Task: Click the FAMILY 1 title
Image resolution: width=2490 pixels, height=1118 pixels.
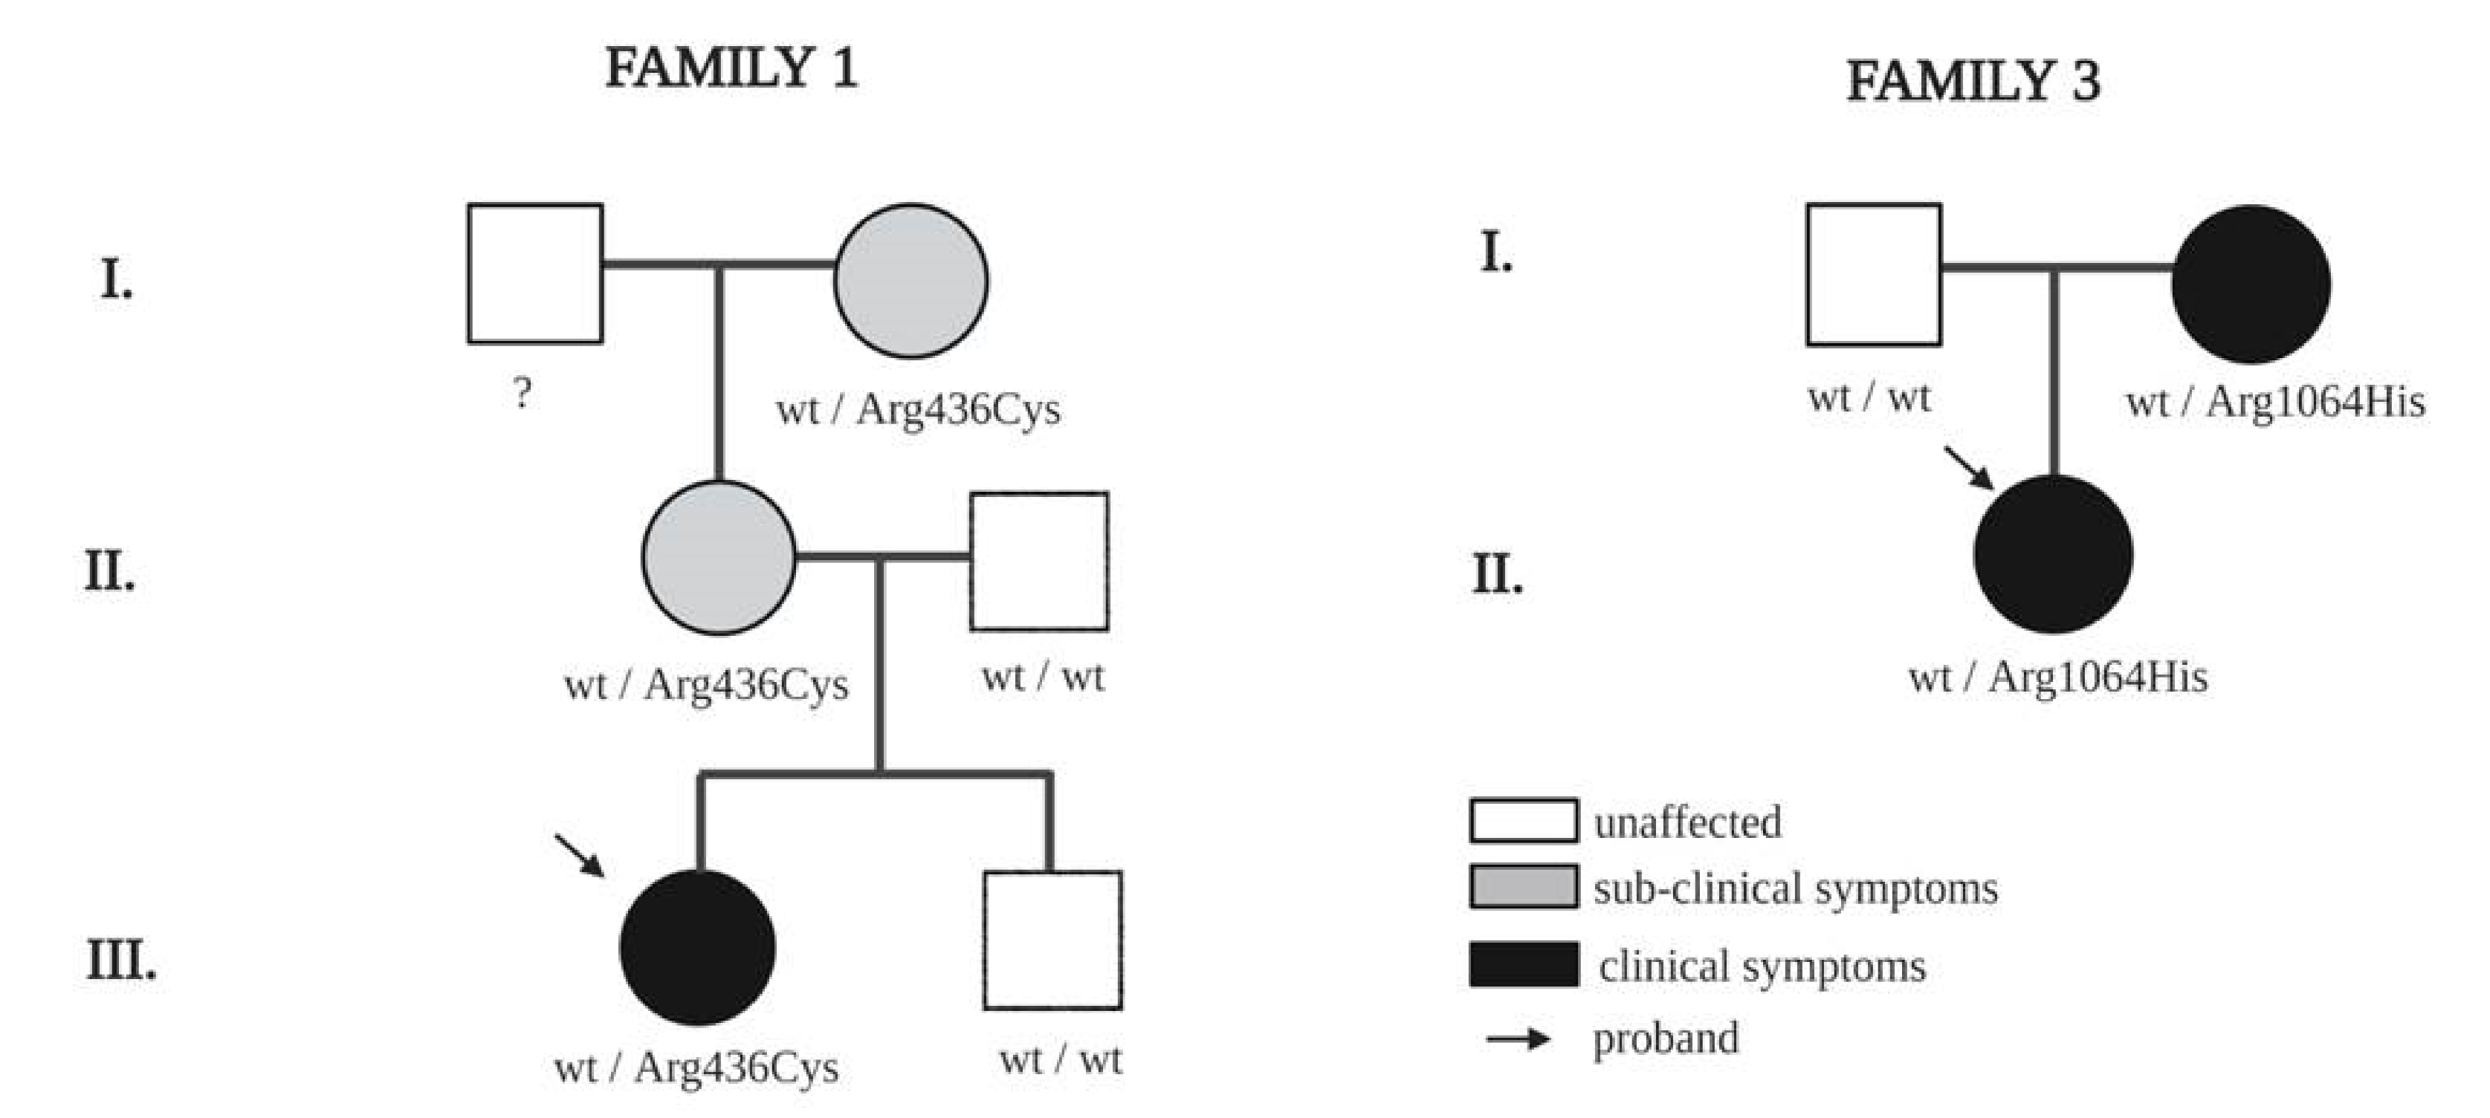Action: tap(731, 70)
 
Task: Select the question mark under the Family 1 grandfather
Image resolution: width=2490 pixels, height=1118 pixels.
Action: tap(522, 393)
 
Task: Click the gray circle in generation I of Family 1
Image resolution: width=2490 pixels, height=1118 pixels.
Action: tap(911, 280)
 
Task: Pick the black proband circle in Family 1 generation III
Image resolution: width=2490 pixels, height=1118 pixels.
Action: tap(697, 947)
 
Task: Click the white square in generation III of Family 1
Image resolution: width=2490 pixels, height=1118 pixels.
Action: tap(1052, 940)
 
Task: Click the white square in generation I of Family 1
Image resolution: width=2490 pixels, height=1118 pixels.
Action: tap(535, 273)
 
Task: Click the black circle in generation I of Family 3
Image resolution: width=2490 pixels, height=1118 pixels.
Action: tap(2251, 284)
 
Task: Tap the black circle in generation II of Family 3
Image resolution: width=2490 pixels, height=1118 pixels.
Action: tap(2053, 555)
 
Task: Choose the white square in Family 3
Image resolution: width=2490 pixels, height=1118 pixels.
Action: tap(1873, 274)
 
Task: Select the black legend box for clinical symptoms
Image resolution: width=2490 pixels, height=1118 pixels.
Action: tap(1524, 964)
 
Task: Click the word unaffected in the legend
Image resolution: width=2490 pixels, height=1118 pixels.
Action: tap(1687, 823)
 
